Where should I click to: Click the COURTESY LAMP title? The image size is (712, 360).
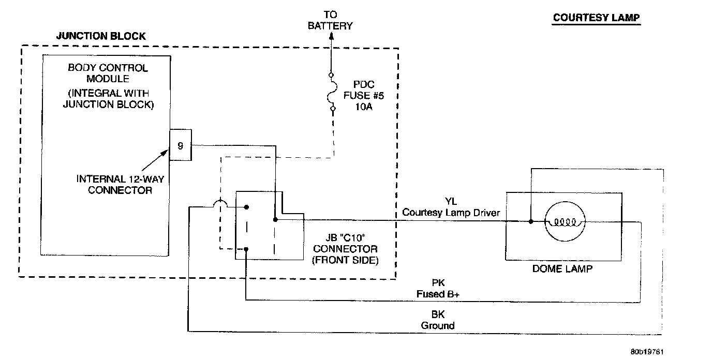click(596, 18)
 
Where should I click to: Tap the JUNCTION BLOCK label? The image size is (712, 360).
click(101, 36)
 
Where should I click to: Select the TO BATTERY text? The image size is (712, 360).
click(330, 20)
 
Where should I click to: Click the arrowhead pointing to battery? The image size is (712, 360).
click(331, 37)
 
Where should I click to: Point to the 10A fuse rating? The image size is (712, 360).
click(364, 107)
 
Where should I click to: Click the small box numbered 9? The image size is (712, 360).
click(181, 145)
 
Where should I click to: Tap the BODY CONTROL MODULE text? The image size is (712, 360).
click(108, 73)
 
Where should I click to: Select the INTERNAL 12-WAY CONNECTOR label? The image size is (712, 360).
click(120, 185)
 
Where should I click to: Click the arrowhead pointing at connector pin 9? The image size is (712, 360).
click(165, 152)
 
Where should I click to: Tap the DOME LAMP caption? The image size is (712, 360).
click(562, 269)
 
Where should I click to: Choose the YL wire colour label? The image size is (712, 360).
click(451, 201)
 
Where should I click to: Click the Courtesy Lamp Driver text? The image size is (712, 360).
click(451, 212)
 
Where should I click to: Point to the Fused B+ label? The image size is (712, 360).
click(438, 294)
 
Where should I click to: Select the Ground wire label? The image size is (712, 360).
click(438, 325)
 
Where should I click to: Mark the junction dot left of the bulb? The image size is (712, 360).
click(531, 221)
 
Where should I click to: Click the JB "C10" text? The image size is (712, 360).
click(345, 237)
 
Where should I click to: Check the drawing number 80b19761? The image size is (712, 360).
click(647, 352)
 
